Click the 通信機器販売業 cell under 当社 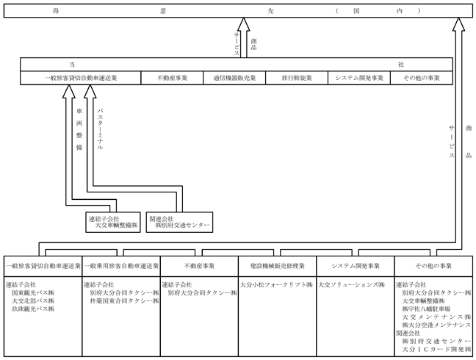[x=234, y=78]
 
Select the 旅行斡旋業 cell [x=297, y=78]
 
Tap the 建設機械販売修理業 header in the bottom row [x=278, y=266]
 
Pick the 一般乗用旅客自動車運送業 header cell [x=121, y=266]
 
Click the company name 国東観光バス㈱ [x=33, y=293]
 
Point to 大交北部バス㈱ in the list [x=33, y=300]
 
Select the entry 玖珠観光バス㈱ [x=33, y=309]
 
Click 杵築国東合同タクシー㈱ [x=124, y=300]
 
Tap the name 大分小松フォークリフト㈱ [x=276, y=285]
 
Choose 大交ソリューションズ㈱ [x=352, y=285]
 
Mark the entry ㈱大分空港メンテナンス [x=436, y=325]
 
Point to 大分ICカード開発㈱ [x=436, y=350]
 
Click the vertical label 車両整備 [x=79, y=129]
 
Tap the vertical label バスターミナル [x=100, y=129]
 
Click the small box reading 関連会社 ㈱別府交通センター [x=179, y=223]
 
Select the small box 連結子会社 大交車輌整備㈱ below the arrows [x=113, y=223]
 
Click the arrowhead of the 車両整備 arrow [x=69, y=91]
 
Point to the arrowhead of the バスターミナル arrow [x=90, y=91]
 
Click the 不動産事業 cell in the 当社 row [x=172, y=78]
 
